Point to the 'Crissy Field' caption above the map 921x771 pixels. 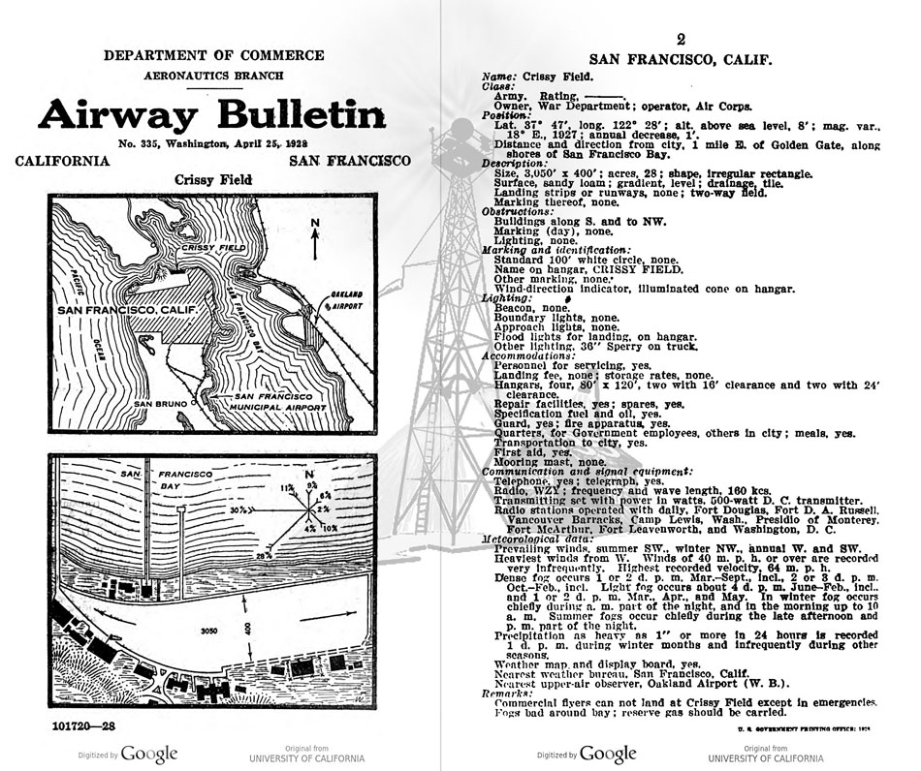[x=212, y=180]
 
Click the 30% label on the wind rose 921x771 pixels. [x=236, y=509]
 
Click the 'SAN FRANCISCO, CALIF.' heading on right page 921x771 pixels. [x=680, y=59]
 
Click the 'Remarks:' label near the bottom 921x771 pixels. [x=508, y=693]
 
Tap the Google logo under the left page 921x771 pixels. [x=148, y=754]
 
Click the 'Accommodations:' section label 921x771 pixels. [x=529, y=355]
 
